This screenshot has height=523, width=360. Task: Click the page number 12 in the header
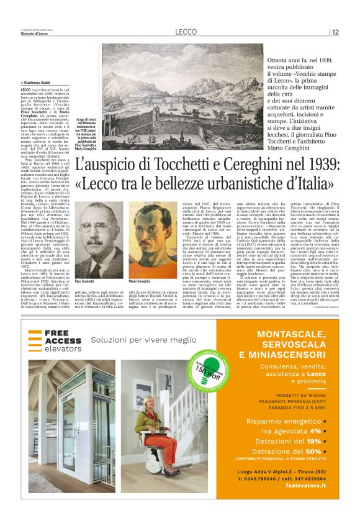[x=335, y=32]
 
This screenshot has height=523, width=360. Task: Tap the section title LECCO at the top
[x=185, y=32]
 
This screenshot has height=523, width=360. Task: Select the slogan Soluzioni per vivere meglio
[x=142, y=340]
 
